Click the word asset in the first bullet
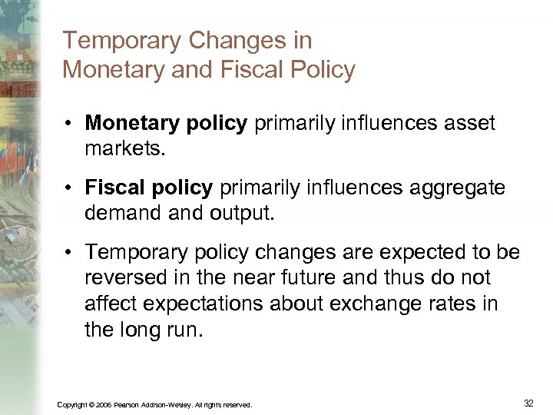tap(468, 123)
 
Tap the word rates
tap(454, 304)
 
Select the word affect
tap(108, 304)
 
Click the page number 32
tap(528, 403)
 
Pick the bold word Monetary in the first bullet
tap(127, 123)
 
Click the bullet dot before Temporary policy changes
tap(68, 252)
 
